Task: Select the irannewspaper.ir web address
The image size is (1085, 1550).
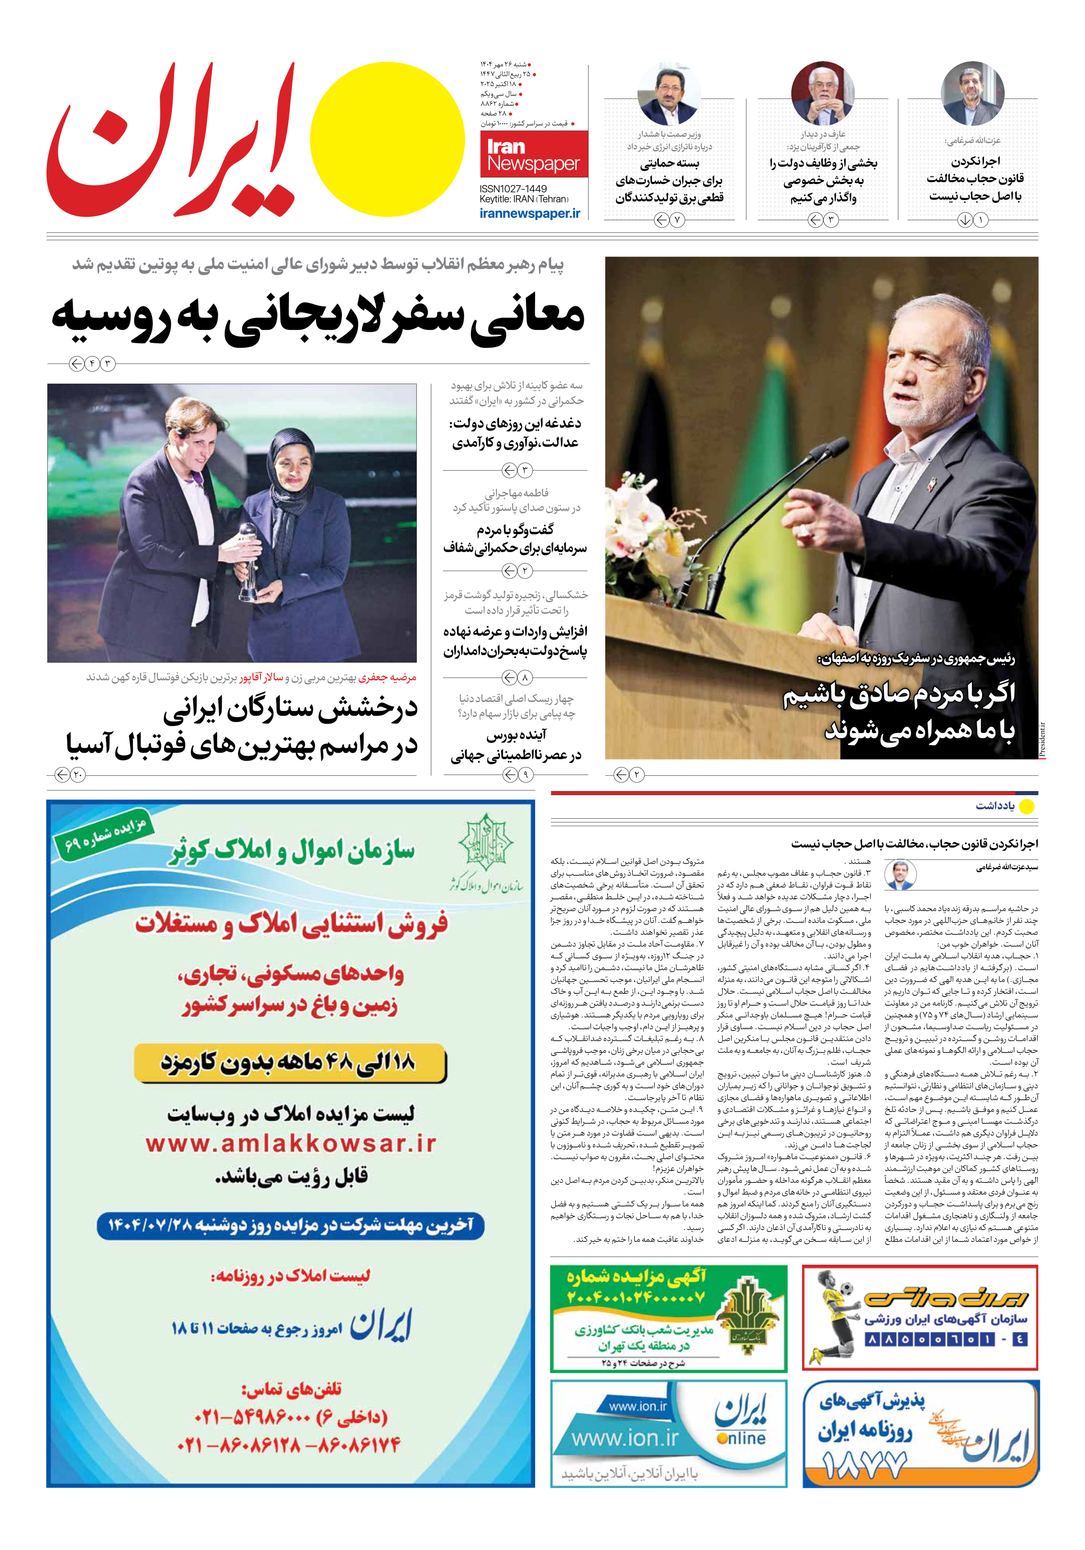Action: (529, 213)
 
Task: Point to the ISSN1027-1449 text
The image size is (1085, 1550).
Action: (513, 189)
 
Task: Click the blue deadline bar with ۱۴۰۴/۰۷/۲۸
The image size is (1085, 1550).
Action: (290, 1225)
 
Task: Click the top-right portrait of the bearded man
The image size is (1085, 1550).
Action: (972, 95)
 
